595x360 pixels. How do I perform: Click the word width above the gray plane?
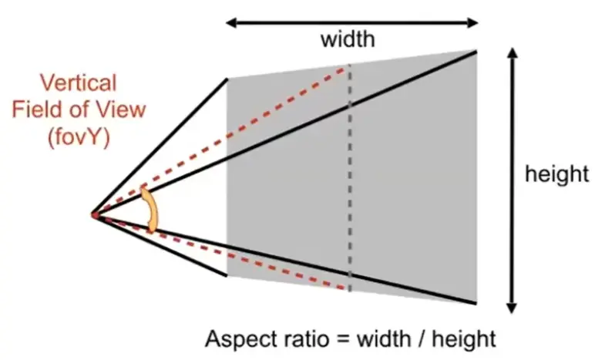tap(348, 39)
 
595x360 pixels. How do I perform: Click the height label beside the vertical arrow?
tap(556, 174)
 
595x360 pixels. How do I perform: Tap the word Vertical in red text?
tap(78, 82)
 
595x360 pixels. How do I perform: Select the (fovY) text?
tap(79, 136)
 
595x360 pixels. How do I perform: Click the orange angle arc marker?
tap(150, 210)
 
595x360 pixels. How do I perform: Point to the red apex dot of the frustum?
tap(95, 216)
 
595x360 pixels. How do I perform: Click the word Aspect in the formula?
tap(235, 338)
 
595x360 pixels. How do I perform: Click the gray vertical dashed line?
tap(349, 178)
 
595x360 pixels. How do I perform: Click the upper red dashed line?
tap(221, 141)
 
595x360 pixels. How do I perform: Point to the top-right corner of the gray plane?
tap(476, 50)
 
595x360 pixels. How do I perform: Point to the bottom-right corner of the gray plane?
tap(476, 303)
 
